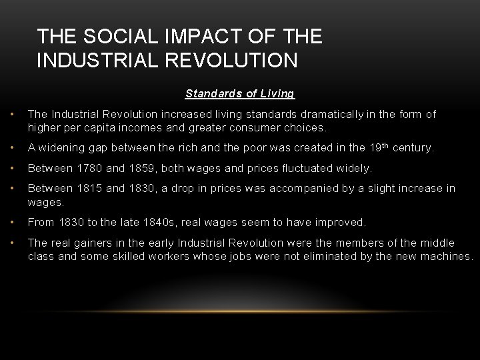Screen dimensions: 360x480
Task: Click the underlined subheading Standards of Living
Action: coord(240,94)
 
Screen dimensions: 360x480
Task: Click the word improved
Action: coord(341,222)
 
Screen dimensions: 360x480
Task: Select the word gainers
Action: coord(95,243)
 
